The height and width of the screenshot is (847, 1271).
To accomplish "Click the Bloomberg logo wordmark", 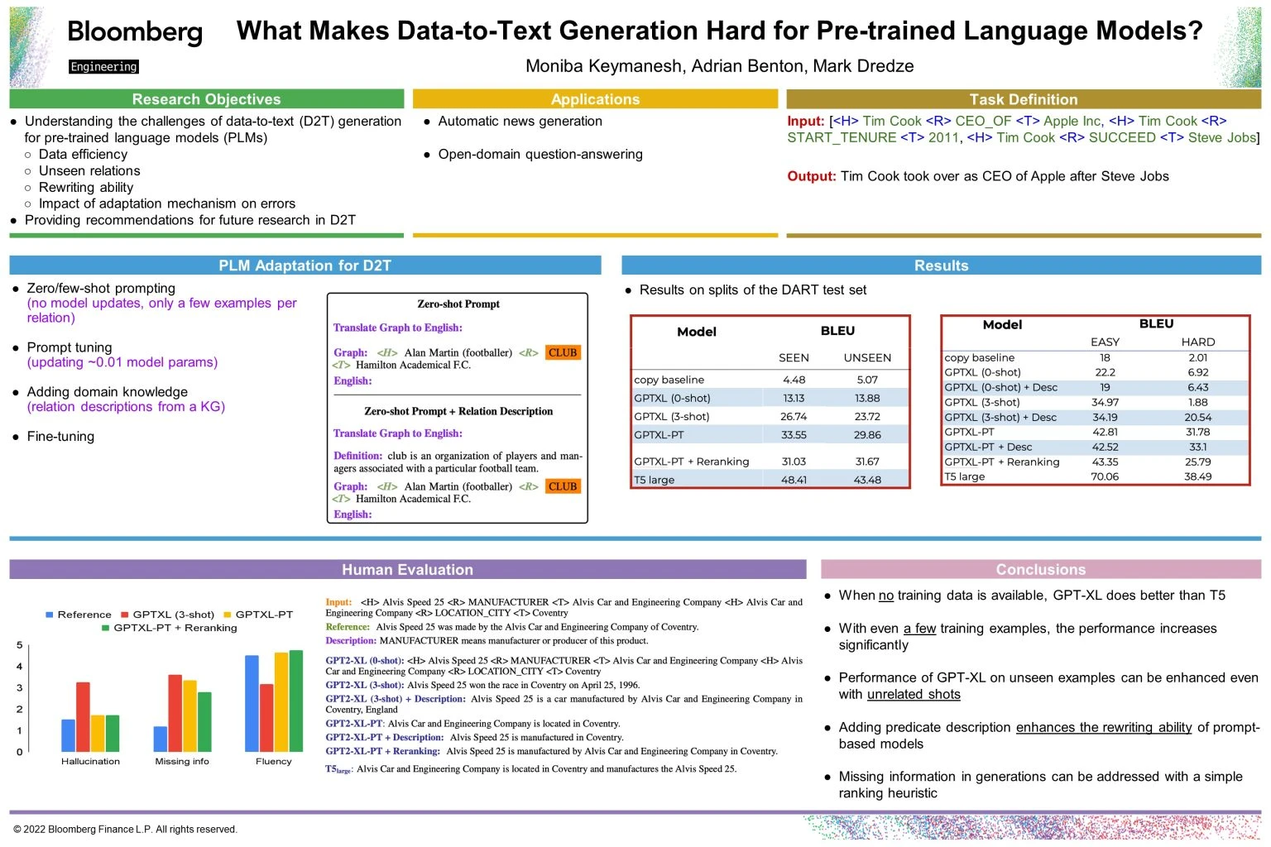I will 135,32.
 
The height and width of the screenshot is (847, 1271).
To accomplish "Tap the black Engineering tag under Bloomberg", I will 103,67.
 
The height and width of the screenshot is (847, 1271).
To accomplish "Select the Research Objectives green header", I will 206,99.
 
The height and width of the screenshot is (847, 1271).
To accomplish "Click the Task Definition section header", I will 1023,99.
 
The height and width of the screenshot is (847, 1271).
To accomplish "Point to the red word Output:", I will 811,176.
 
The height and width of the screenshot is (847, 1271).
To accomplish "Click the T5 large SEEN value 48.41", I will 794,480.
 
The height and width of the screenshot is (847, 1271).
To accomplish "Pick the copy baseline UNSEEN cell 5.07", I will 867,380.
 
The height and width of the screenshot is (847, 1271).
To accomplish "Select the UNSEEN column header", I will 867,358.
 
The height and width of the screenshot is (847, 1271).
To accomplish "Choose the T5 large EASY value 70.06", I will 1105,476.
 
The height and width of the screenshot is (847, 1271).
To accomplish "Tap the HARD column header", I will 1197,342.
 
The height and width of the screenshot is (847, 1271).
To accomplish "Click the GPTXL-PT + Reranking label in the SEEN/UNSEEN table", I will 692,462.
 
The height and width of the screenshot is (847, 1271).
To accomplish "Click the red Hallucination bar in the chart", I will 83,716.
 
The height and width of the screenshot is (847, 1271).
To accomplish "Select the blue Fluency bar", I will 252,703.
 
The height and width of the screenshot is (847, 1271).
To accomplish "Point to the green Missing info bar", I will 204,721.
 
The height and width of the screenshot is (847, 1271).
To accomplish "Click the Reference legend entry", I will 79,615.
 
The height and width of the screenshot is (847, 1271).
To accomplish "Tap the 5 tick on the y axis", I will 20,645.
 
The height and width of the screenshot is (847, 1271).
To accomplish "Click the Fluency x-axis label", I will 273,762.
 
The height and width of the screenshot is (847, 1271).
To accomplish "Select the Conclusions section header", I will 1040,570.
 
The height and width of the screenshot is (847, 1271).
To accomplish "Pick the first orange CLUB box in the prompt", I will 563,353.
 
